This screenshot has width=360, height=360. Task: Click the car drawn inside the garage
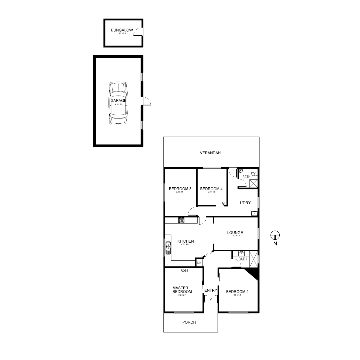click(118, 103)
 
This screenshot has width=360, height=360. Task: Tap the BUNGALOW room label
click(122, 30)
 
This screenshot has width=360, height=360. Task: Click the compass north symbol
click(275, 235)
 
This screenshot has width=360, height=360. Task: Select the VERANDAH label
click(210, 153)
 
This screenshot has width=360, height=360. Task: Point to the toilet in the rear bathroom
click(254, 173)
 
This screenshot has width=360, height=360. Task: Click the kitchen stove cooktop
click(181, 220)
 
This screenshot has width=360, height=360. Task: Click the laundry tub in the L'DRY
click(254, 213)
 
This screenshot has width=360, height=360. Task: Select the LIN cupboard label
click(199, 263)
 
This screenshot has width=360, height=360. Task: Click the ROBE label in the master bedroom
click(184, 271)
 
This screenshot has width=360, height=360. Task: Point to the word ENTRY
click(211, 290)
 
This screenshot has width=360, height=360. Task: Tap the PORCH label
click(189, 322)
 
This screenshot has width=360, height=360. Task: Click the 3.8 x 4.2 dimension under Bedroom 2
click(237, 295)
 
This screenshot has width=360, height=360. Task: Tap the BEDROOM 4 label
click(211, 189)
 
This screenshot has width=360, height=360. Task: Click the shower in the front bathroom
click(253, 259)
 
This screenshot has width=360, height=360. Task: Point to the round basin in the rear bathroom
click(240, 171)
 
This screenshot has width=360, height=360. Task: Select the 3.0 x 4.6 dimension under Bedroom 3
click(180, 192)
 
